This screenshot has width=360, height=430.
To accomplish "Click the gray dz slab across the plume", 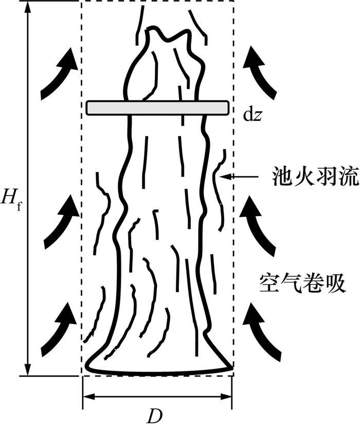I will tap(157, 107).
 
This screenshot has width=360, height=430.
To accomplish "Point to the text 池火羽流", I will tap(309, 177).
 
